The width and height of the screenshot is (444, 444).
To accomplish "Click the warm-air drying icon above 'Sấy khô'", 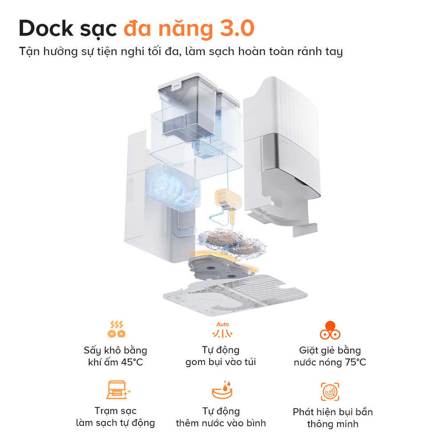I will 116,329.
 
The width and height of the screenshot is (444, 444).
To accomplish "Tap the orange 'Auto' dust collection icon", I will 221,330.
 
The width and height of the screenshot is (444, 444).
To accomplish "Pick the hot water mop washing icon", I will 330,329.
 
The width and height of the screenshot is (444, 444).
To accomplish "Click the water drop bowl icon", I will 221,390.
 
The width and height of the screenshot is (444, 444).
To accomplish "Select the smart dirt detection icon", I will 330,391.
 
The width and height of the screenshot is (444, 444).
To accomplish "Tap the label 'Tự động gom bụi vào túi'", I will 221,356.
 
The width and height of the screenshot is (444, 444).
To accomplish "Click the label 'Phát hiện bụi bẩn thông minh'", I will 333,418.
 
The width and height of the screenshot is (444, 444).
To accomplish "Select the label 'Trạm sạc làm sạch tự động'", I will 115,416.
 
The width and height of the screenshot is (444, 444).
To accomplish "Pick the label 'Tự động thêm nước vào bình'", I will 221,417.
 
